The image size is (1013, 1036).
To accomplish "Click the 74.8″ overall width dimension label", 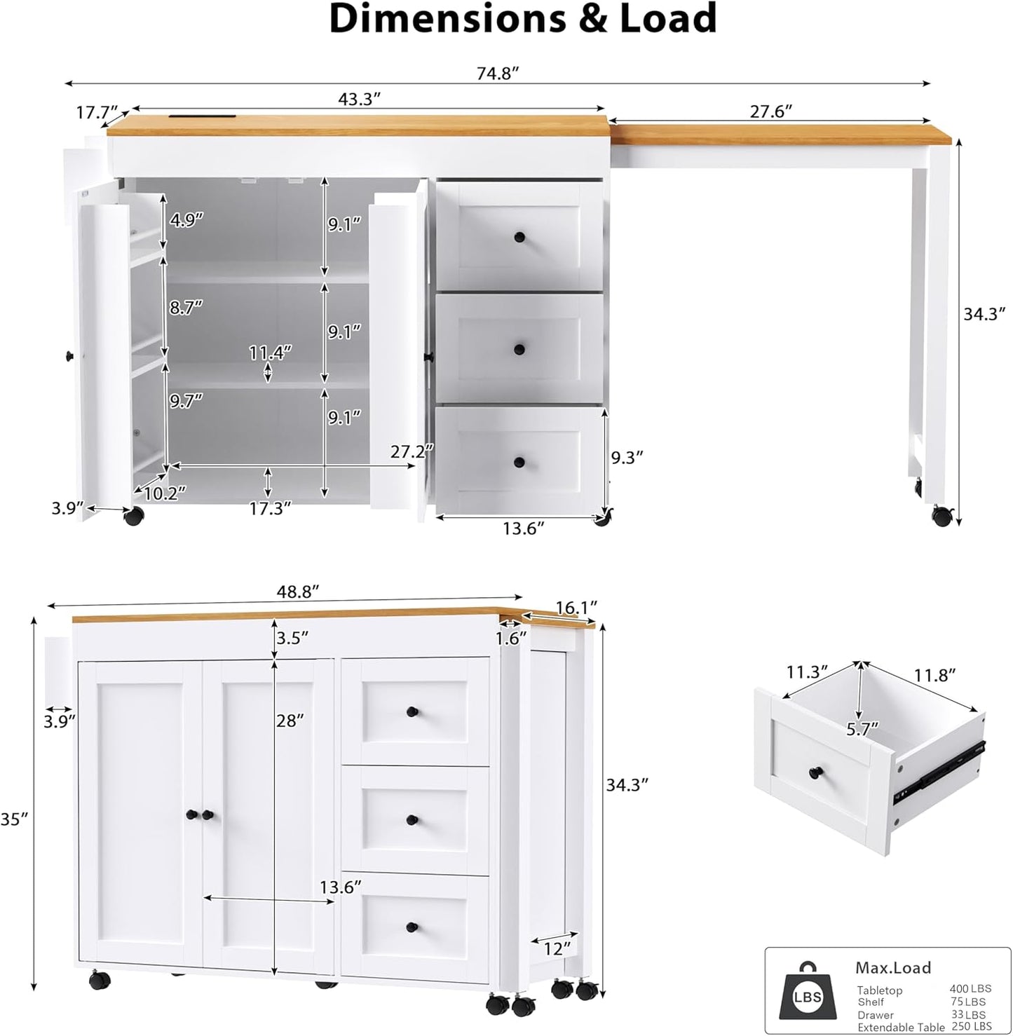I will click(x=498, y=73).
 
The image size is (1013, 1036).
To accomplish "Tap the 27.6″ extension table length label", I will click(x=770, y=111).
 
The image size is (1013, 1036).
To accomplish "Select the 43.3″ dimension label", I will click(x=359, y=99).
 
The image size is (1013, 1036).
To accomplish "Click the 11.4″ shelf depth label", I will click(x=270, y=352).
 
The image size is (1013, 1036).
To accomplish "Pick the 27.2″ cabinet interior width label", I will click(x=412, y=452).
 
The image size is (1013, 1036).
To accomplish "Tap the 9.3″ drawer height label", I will click(x=627, y=458).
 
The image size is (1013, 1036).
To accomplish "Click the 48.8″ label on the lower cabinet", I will click(x=298, y=592).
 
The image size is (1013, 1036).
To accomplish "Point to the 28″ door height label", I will click(x=290, y=720).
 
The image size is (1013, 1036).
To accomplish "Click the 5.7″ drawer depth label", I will click(x=862, y=729).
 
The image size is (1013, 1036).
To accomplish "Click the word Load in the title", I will click(x=667, y=20).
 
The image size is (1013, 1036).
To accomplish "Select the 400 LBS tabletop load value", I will click(x=970, y=989).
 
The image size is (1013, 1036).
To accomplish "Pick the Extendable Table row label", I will click(x=901, y=1027).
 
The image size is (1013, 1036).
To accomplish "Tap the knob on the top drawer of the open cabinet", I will click(x=519, y=237).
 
